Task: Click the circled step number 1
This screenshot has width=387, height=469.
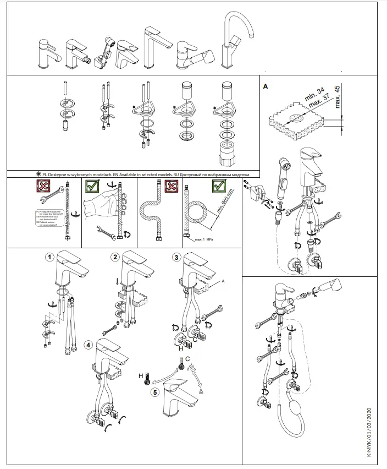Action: pyautogui.click(x=50, y=257)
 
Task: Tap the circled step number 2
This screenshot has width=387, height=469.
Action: pyautogui.click(x=115, y=257)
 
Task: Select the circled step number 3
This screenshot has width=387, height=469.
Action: pyautogui.click(x=176, y=257)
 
